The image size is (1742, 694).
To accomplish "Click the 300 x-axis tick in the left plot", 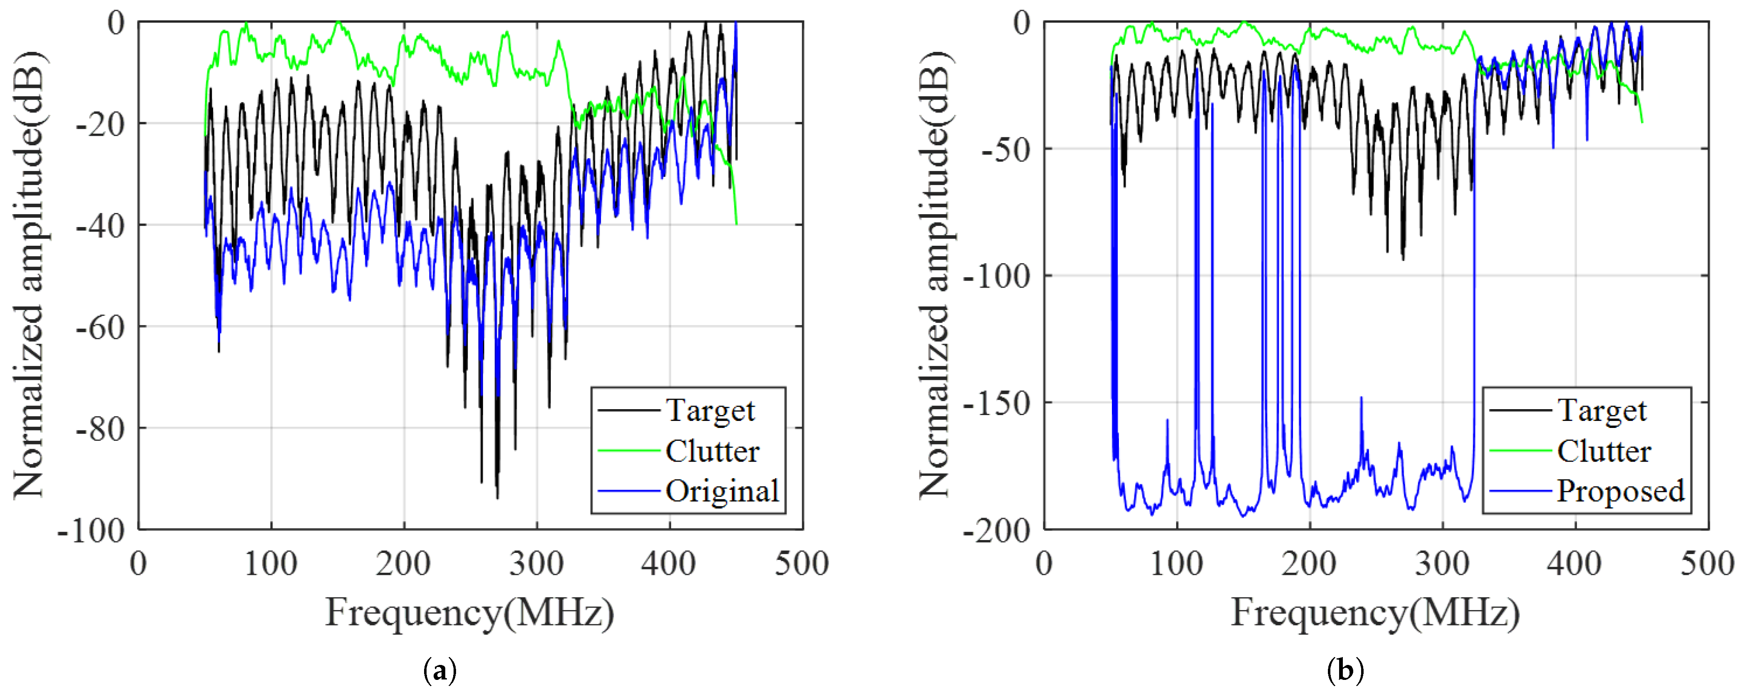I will coord(537,563).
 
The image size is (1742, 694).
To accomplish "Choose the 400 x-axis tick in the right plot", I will coord(1575,563).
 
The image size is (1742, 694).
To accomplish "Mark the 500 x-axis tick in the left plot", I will coord(802,563).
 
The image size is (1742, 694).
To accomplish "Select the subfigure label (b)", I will coord(1346,671).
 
